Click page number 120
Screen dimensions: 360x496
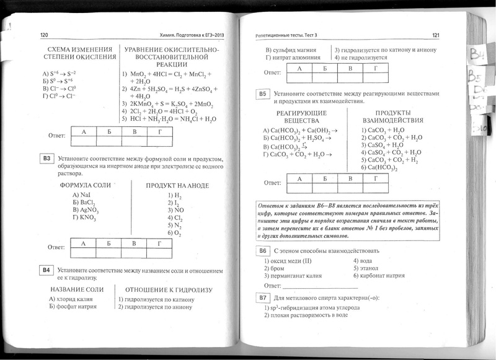coord(44,35)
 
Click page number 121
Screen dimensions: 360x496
coord(435,35)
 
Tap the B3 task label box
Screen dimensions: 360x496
coord(45,159)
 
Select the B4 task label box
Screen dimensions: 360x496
coord(45,270)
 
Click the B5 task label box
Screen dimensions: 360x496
coord(262,94)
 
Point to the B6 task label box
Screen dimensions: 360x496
coord(262,251)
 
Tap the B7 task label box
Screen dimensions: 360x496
coord(262,298)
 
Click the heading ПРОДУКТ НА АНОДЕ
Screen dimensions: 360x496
coord(177,185)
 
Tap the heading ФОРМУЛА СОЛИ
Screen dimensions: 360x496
coord(85,185)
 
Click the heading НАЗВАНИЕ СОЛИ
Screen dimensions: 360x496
coord(76,289)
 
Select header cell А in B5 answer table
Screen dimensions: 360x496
coord(301,178)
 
